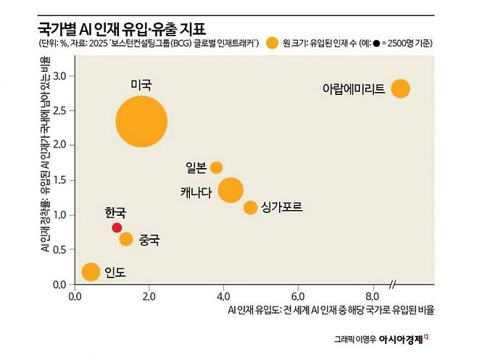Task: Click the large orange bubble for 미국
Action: [x=142, y=121]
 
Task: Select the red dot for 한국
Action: [x=117, y=227]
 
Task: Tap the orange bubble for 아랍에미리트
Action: [x=400, y=88]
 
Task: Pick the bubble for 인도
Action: [x=91, y=272]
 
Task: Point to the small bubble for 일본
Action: [x=216, y=167]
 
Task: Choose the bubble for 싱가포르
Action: [x=250, y=208]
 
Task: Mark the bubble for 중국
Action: [x=126, y=239]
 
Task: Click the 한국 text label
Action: [x=115, y=212]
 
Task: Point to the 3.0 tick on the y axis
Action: [x=61, y=75]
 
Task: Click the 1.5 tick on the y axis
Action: [x=61, y=180]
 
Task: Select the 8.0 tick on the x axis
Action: [x=373, y=296]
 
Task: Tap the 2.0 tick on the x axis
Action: [x=149, y=296]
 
